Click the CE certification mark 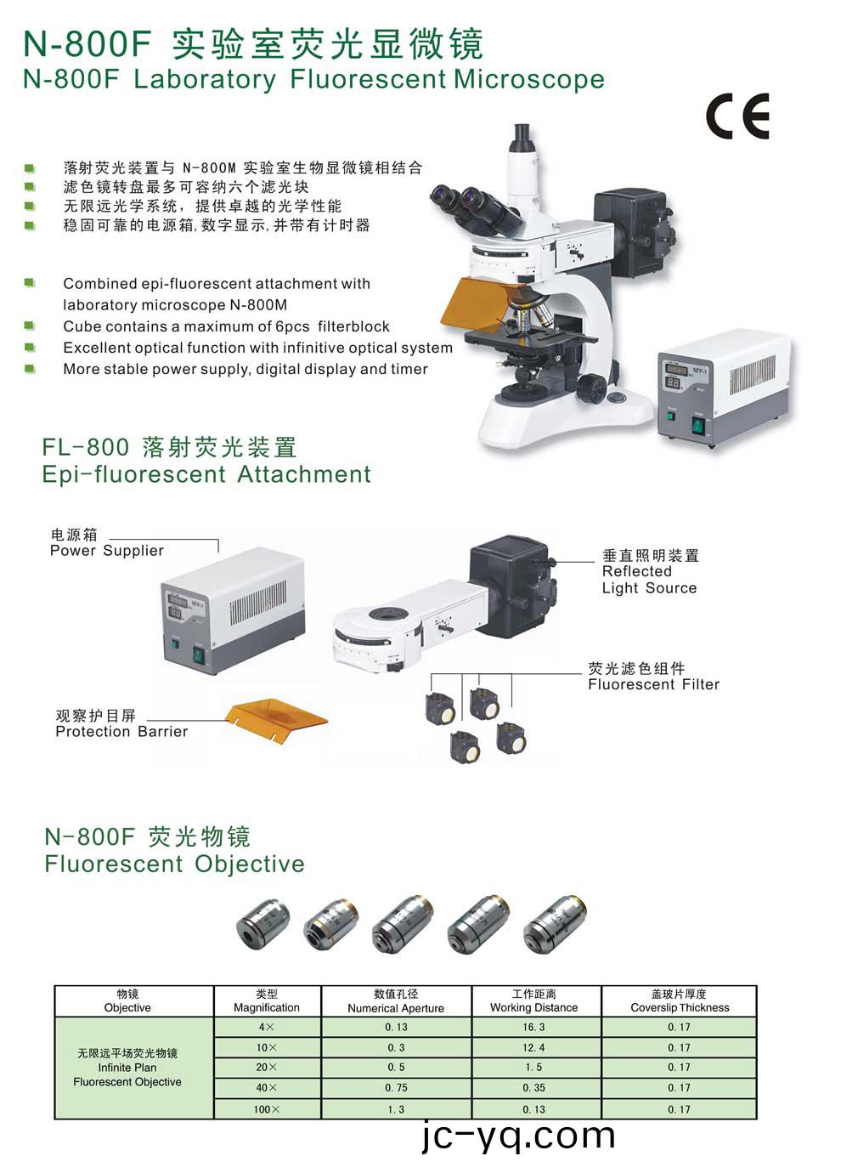pos(737,116)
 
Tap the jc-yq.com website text pos(519,1136)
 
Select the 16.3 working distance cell pos(533,1027)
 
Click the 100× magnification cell pos(267,1109)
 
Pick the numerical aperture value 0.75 pos(396,1088)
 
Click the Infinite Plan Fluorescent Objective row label pos(127,1068)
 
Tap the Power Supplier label pos(107,550)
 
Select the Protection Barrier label pos(121,732)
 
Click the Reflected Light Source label pos(650,580)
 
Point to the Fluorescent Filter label pos(653,684)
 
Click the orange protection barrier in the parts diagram pos(276,720)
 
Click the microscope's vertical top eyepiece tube pos(524,167)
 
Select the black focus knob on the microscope pos(591,388)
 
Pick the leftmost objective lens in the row pos(263,926)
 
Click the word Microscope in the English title pos(529,80)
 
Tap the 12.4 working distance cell pos(533,1047)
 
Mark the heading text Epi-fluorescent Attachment pos(206,474)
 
